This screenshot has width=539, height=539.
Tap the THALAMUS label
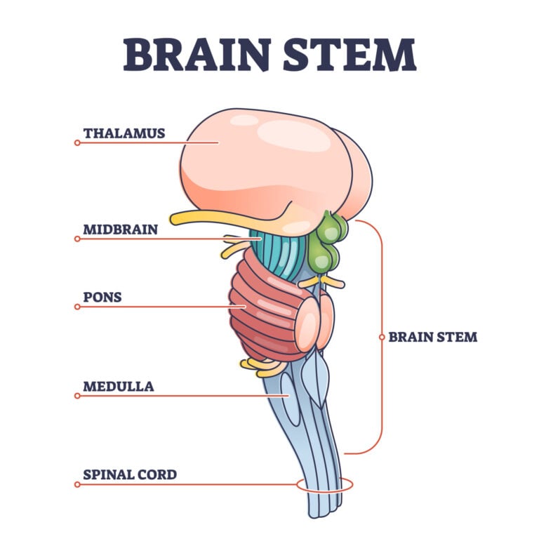tap(124, 133)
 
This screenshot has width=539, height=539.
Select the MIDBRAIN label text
tap(120, 229)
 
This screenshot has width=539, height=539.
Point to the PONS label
tap(102, 298)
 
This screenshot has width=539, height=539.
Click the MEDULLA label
tap(118, 387)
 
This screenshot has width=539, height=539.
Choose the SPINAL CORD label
tap(129, 475)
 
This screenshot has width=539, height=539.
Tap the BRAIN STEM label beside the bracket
tap(432, 337)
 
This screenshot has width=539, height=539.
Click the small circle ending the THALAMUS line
tap(77, 142)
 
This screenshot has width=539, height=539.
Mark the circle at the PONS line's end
tap(77, 307)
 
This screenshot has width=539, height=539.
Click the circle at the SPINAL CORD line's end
tap(77, 484)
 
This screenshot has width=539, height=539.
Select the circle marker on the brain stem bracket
tap(382, 337)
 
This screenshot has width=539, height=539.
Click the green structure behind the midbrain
tap(326, 242)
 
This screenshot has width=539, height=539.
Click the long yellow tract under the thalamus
tap(211, 218)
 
